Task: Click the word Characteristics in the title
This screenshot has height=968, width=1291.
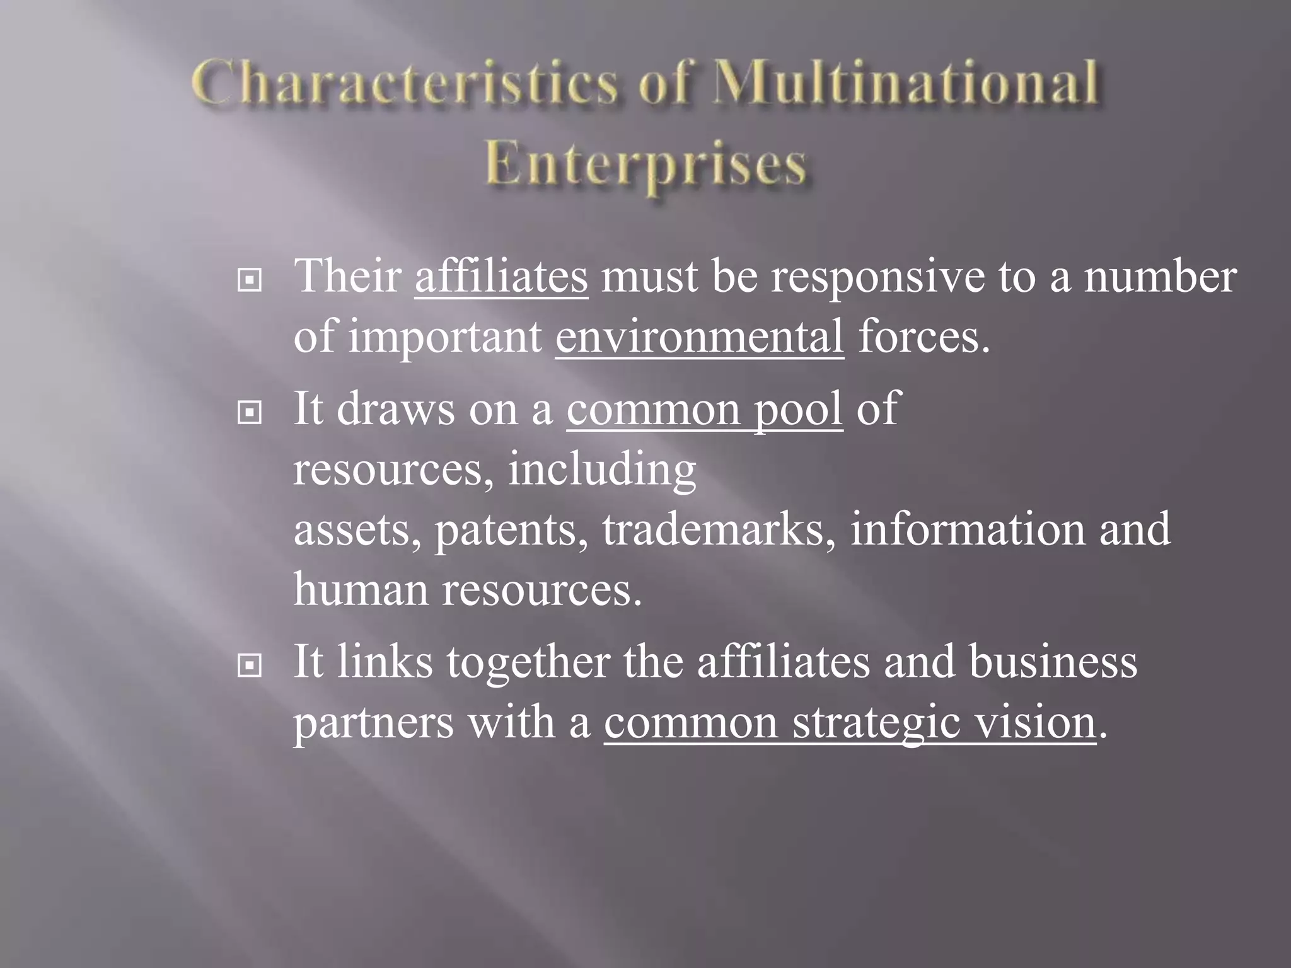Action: tap(404, 84)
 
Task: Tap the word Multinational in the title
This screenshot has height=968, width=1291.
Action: tap(906, 84)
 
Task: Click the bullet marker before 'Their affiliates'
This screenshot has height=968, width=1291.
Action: tap(250, 280)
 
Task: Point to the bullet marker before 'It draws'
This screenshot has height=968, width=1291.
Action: tap(250, 413)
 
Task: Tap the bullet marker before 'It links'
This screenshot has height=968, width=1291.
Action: tap(250, 665)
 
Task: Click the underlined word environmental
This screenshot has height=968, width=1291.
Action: tap(699, 337)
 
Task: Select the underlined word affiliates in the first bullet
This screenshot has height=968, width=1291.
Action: tap(501, 277)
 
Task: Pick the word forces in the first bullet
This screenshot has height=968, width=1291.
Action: tap(923, 337)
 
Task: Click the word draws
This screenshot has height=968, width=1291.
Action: tap(395, 410)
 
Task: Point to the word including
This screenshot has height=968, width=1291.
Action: tap(602, 470)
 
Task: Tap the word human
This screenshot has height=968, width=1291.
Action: tap(361, 590)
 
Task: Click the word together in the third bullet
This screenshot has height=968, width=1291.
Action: tap(528, 663)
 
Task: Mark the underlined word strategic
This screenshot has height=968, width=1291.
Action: tap(876, 723)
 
